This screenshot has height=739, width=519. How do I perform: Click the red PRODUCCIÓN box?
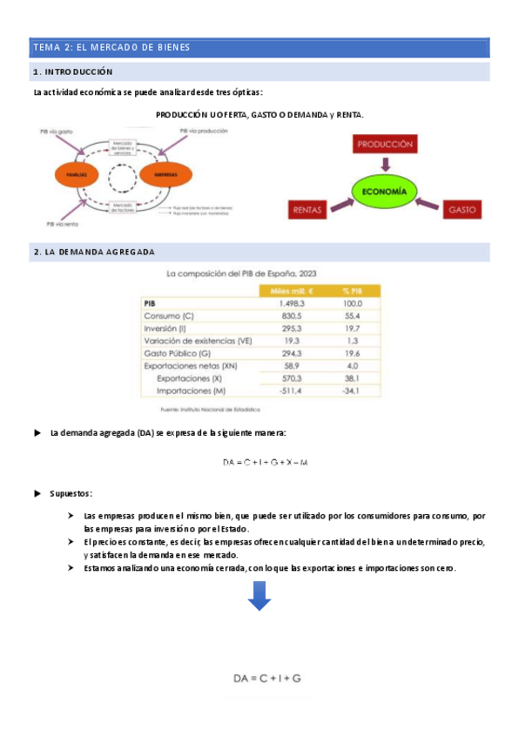[x=385, y=145]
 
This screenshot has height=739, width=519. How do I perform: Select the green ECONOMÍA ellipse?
[x=385, y=191]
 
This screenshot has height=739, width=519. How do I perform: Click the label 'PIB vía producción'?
[x=204, y=131]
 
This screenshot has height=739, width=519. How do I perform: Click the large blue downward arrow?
[x=259, y=598]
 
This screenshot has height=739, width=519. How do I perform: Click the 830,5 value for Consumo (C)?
[x=290, y=315]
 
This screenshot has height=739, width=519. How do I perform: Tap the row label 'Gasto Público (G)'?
[x=178, y=354]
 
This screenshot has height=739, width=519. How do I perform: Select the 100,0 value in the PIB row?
[x=352, y=303]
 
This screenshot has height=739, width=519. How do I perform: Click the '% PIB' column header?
[x=352, y=291]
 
